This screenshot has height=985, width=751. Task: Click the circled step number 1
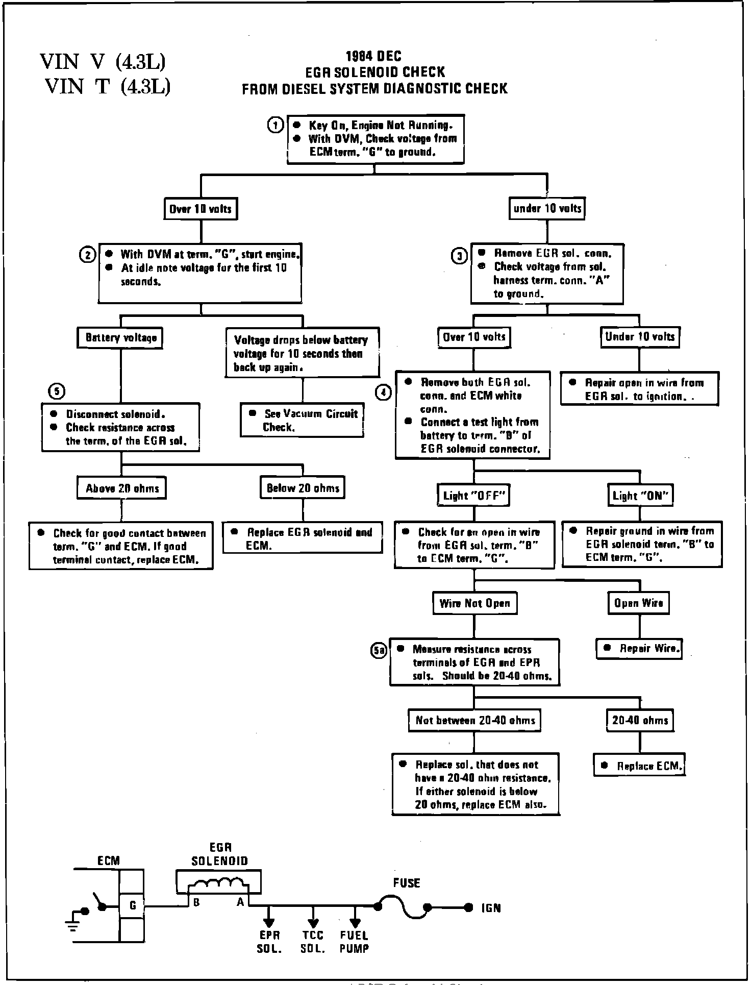tap(276, 125)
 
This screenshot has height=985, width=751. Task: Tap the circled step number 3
tap(459, 256)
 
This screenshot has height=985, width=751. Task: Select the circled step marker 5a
tap(379, 650)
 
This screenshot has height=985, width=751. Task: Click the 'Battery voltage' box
tap(120, 338)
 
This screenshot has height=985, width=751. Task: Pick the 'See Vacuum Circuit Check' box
tap(303, 420)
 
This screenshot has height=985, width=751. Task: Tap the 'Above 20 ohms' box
tap(122, 488)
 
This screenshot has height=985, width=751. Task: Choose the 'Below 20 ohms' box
tap(303, 488)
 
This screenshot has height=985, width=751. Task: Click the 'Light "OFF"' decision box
tap(474, 495)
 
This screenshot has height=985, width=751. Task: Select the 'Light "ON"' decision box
tap(640, 495)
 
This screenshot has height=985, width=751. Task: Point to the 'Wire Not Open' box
tap(474, 603)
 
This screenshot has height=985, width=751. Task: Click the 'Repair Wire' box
tap(640, 649)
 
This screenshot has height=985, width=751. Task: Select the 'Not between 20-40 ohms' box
tap(474, 721)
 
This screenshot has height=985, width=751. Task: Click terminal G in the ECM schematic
tap(132, 905)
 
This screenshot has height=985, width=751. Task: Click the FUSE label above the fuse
tap(406, 882)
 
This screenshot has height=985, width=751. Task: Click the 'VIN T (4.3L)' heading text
tap(107, 86)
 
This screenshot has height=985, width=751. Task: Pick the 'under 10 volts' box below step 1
tap(547, 209)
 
